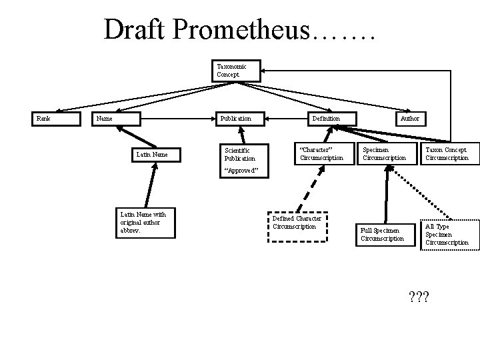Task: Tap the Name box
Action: [x=115, y=119]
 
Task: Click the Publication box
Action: [x=241, y=119]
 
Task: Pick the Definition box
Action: [x=327, y=119]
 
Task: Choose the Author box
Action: [x=409, y=119]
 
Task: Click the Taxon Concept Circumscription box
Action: [x=448, y=154]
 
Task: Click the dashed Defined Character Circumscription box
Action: [x=299, y=223]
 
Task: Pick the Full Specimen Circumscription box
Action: [x=384, y=235]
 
